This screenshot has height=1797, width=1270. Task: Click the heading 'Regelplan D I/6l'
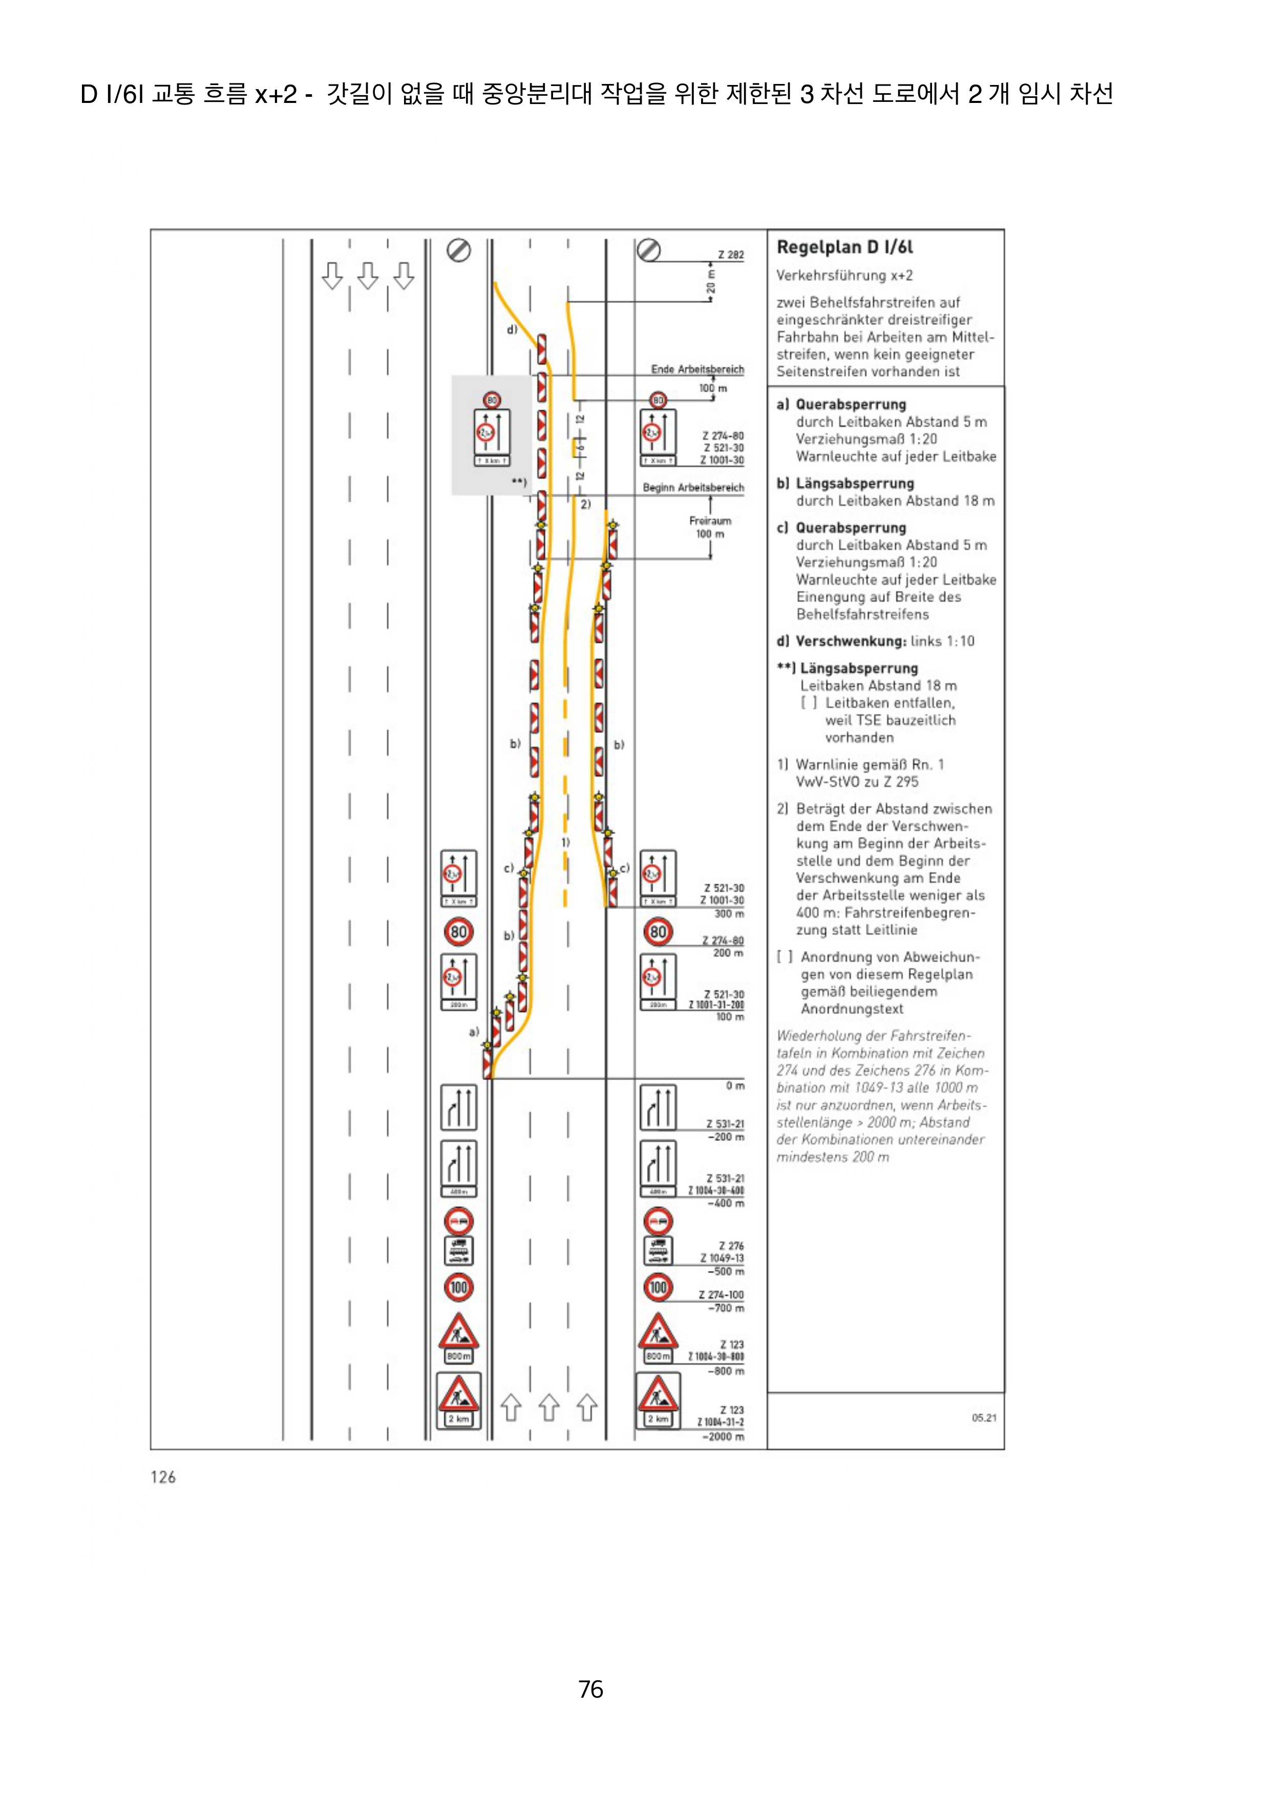pos(844,247)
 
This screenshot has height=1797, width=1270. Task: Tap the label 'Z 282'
pos(730,255)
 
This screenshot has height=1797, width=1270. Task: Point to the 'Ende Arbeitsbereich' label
pos(697,369)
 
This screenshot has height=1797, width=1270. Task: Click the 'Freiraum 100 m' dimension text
pos(710,527)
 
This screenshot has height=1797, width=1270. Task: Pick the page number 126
pos(163,1477)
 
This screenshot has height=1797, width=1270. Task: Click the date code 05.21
pos(984,1418)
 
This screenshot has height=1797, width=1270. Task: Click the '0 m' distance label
pos(735,1086)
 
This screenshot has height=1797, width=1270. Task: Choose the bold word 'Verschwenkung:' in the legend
pos(851,641)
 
